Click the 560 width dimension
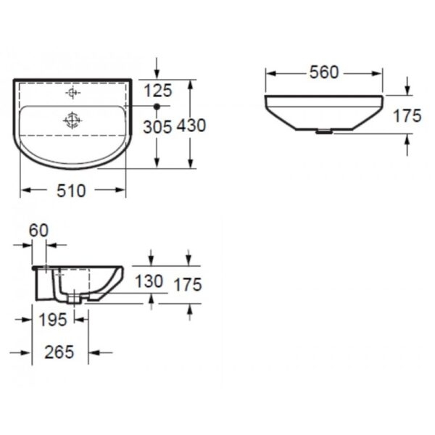[x=324, y=72]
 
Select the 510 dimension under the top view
[x=71, y=191]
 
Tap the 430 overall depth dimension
[x=191, y=125]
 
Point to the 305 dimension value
[x=157, y=128]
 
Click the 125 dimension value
[x=158, y=91]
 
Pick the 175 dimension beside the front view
[x=407, y=116]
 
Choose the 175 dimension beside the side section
[x=188, y=285]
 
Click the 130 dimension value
[x=149, y=281]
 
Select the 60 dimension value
[x=39, y=231]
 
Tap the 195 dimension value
[x=53, y=320]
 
